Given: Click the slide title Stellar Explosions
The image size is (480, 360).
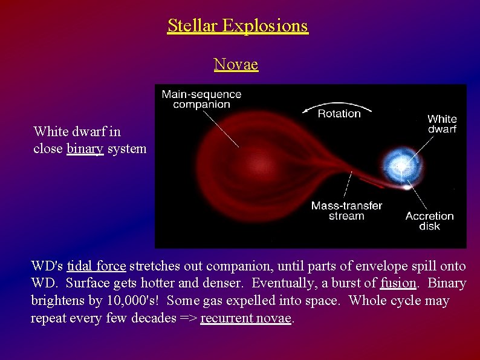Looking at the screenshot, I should [238, 26].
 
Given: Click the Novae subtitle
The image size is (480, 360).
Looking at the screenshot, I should [236, 64].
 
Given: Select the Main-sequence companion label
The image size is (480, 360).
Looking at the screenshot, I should [201, 99].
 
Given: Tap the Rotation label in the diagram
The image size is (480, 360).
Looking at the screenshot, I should [339, 114].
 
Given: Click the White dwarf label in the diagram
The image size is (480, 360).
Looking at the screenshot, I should [442, 124].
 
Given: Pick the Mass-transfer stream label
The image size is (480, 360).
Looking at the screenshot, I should [346, 211].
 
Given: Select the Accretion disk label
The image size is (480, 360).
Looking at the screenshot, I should [429, 221].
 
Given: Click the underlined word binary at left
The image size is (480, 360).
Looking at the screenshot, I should [85, 149].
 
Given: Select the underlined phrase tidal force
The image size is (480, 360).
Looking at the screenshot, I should [96, 266].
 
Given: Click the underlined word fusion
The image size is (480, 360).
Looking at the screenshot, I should [397, 283].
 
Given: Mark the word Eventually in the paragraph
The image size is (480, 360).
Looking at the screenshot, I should [281, 283].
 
